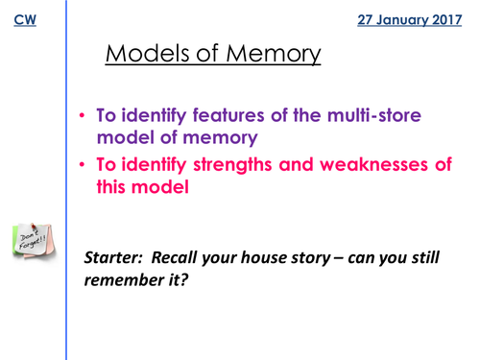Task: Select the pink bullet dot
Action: pyautogui.click(x=84, y=166)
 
